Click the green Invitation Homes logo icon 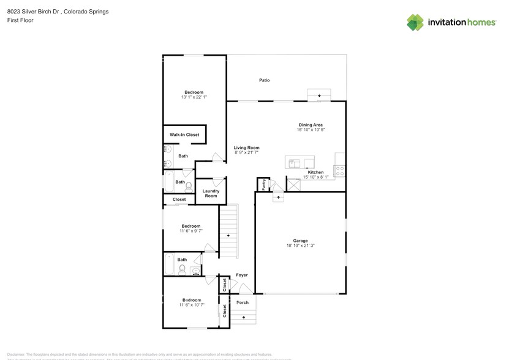pyautogui.click(x=415, y=22)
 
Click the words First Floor pyautogui.click(x=20, y=20)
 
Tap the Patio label pyautogui.click(x=264, y=80)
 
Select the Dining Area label pyautogui.click(x=311, y=125)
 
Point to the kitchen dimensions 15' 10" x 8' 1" pyautogui.click(x=315, y=177)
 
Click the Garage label pyautogui.click(x=300, y=241)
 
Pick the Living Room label pyautogui.click(x=246, y=148)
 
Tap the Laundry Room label pyautogui.click(x=211, y=193)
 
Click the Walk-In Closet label pyautogui.click(x=184, y=135)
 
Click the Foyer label pyautogui.click(x=242, y=275)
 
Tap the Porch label pyautogui.click(x=243, y=302)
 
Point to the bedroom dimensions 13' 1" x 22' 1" pyautogui.click(x=194, y=97)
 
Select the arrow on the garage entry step pyautogui.click(x=278, y=198)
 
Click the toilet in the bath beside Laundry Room pyautogui.click(x=189, y=186)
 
